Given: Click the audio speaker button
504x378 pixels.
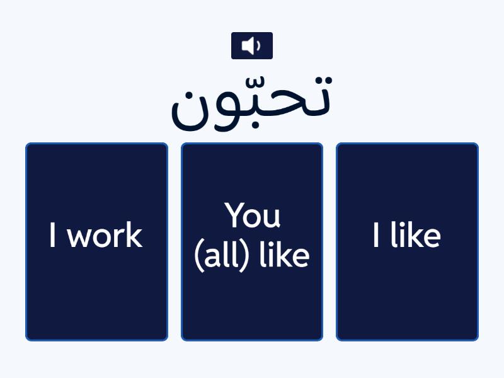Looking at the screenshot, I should click(251, 45).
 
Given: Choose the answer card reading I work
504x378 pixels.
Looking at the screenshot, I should click(96, 242).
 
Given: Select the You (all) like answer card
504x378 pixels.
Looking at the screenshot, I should click(252, 242).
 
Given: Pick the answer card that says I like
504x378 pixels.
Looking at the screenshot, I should click(407, 242).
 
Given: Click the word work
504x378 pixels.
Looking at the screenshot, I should click(105, 236).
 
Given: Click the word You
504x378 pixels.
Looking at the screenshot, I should click(253, 215).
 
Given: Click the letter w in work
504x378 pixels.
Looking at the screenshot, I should click(78, 238).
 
